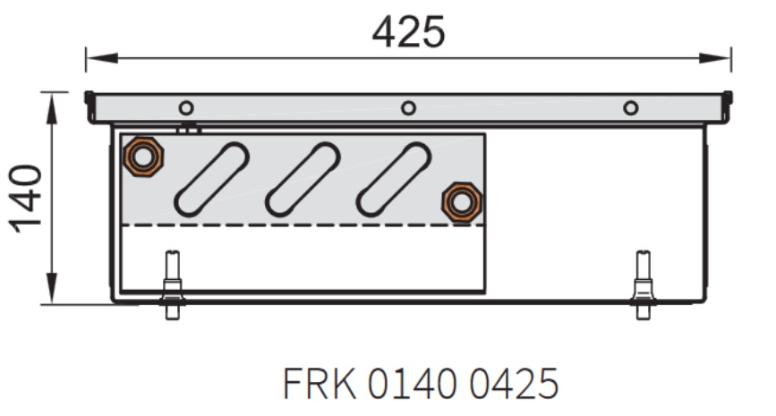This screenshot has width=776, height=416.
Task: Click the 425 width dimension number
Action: (408, 32)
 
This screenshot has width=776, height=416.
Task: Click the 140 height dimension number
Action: (26, 199)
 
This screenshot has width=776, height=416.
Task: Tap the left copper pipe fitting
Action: (143, 157)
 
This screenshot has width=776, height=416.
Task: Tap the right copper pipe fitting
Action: (461, 202)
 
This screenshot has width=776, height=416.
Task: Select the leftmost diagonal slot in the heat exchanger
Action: (211, 180)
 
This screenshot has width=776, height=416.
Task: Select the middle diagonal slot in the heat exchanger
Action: (303, 180)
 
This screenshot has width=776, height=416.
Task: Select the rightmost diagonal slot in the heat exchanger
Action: (394, 180)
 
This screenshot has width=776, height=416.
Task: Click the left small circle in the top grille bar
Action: (186, 108)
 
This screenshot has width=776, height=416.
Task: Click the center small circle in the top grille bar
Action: (408, 108)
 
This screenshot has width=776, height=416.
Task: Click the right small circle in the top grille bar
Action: (630, 108)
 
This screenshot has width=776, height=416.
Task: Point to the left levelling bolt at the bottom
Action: (172, 284)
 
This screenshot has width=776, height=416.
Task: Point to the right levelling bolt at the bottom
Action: (643, 284)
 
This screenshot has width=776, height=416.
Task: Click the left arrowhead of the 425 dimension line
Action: (102, 58)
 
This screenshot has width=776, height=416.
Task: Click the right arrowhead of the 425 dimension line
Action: (714, 58)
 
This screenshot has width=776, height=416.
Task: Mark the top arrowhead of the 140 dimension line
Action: (52, 108)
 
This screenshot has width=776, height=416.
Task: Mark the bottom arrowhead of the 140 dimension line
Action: (52, 288)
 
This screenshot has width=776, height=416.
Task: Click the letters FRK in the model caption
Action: (320, 384)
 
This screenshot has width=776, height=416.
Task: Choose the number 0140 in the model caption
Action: (412, 384)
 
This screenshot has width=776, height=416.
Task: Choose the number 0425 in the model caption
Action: (514, 384)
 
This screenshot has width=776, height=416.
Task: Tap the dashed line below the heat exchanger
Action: (303, 225)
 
